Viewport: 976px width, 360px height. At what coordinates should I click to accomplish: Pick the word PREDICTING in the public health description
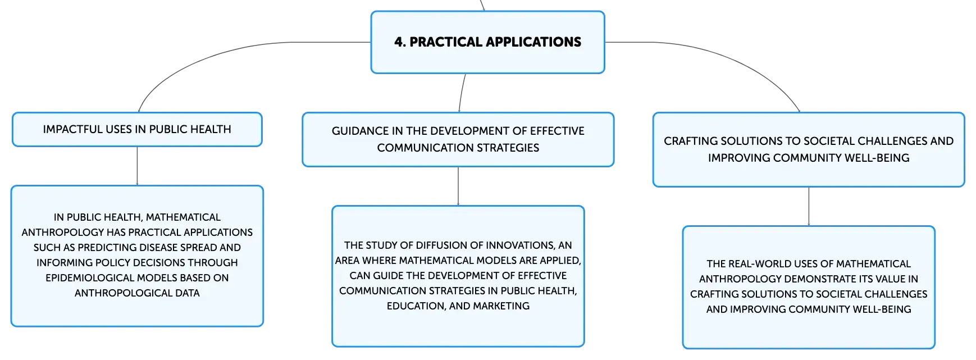pos(107,248)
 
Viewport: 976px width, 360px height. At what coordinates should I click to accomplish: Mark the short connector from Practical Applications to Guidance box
pos(462,93)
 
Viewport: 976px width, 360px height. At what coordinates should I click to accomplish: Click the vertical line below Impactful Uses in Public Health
pos(137,166)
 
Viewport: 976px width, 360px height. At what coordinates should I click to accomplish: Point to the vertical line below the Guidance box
pos(458,186)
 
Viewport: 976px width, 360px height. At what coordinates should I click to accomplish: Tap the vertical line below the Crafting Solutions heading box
pos(809,207)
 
